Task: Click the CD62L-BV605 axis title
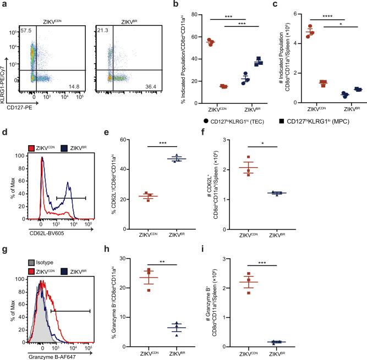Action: (41, 221)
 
